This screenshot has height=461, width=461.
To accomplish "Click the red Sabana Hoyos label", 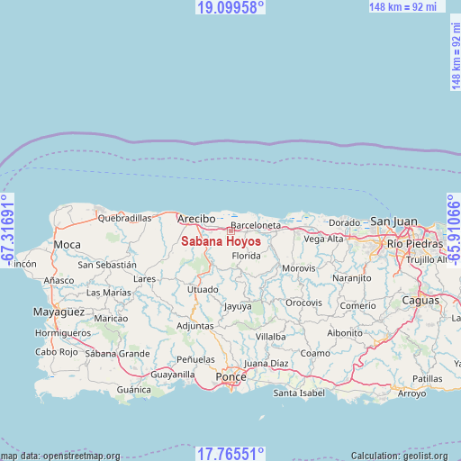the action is [x=221, y=241].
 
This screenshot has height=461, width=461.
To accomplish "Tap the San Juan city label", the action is [x=393, y=221].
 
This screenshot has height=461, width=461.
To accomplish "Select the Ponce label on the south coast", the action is [x=230, y=376].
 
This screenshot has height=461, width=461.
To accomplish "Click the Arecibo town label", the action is [x=196, y=219].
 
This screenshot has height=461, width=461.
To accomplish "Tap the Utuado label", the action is [x=203, y=289].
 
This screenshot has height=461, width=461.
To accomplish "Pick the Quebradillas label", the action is [x=124, y=218].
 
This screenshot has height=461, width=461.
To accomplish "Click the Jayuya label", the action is [x=238, y=306].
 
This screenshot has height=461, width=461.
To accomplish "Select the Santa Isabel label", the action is [x=298, y=393].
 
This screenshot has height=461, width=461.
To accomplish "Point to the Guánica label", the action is [x=134, y=390].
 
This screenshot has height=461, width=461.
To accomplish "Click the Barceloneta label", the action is [x=256, y=225].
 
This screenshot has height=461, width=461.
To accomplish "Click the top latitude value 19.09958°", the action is [x=230, y=7].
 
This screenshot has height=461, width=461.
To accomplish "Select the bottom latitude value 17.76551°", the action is [x=230, y=454].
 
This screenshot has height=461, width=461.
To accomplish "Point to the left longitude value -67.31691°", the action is [x=7, y=230].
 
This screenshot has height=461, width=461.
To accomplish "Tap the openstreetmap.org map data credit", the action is [x=60, y=456].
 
